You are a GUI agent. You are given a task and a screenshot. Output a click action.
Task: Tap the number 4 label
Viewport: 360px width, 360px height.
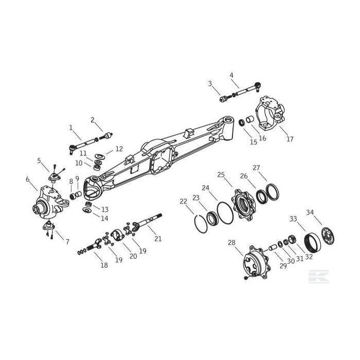(231, 75)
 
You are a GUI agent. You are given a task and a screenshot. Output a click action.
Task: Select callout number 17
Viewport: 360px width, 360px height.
(290, 139)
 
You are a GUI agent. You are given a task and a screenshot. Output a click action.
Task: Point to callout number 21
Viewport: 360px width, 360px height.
(158, 238)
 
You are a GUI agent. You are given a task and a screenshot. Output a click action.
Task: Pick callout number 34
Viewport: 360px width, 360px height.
(324, 212)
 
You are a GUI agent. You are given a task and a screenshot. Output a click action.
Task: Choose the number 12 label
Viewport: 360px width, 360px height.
(119, 149)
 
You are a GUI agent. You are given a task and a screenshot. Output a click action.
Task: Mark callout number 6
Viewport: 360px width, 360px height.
(28, 179)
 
